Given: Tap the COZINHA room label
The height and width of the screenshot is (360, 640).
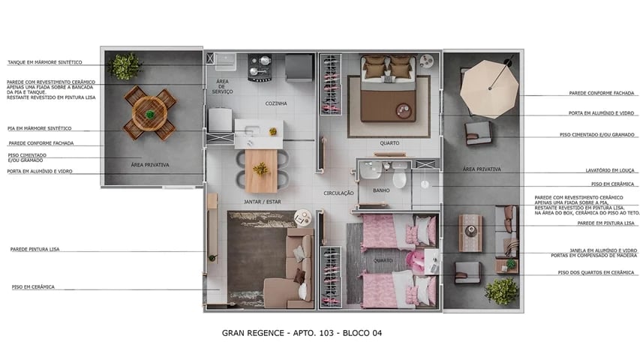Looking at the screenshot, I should (276, 103).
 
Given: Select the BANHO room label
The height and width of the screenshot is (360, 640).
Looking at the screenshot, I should (381, 191).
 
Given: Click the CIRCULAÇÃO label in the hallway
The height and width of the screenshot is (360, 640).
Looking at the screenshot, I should (338, 193).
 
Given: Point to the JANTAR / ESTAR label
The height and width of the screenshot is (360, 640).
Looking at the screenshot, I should (262, 202).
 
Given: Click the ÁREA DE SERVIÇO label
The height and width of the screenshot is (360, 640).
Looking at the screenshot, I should (223, 85).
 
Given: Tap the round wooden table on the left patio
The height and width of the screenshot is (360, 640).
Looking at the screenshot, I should (150, 114).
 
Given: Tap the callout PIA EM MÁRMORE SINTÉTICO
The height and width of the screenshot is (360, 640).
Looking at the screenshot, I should (40, 128).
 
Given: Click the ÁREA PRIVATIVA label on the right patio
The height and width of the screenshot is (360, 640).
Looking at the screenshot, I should (482, 169).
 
